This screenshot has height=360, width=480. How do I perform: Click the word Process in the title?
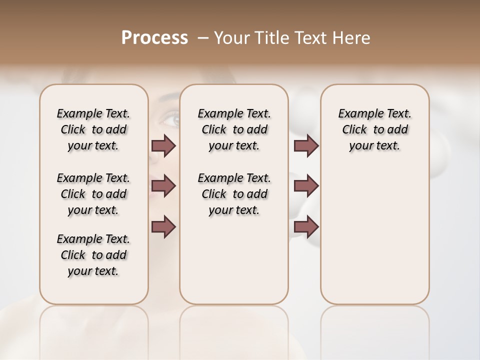click(154, 38)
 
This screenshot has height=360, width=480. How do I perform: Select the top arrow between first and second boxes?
click(163, 146)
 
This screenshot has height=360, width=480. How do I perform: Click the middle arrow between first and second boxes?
click(163, 186)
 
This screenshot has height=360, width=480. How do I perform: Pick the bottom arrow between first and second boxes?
click(163, 226)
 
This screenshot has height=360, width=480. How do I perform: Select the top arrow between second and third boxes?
click(306, 146)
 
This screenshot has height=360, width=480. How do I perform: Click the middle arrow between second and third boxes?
click(306, 186)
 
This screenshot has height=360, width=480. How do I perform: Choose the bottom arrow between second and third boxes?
click(306, 226)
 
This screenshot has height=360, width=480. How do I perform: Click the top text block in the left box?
click(93, 129)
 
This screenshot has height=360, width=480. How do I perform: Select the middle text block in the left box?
click(93, 194)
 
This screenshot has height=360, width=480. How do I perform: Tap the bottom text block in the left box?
click(93, 255)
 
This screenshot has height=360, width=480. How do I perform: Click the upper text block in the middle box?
click(234, 129)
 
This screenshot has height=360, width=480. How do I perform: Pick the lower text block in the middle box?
click(234, 194)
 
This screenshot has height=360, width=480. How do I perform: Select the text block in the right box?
click(374, 129)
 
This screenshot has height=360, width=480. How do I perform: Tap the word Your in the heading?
click(229, 38)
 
